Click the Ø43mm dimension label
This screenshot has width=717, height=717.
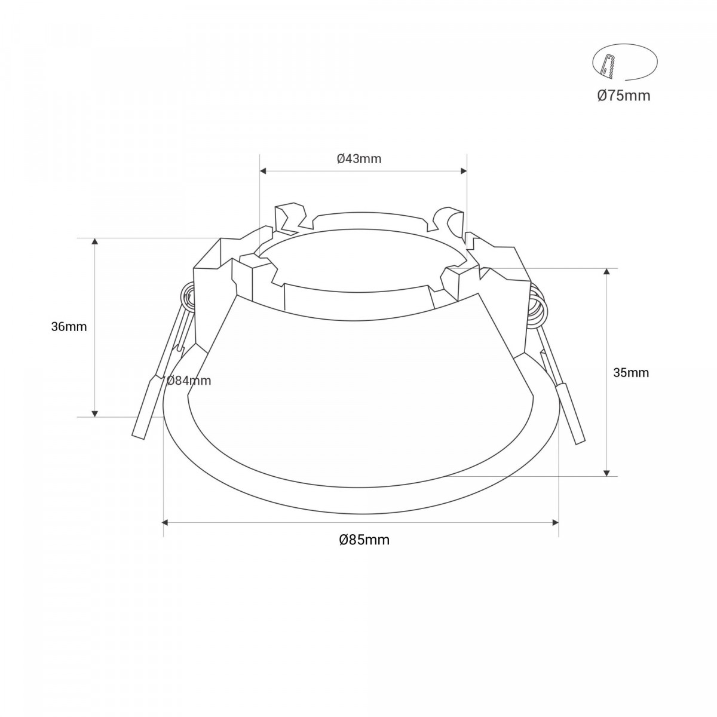pos(359,159)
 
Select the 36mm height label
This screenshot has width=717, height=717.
pos(69,327)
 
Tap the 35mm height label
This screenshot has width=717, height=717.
pos(631,373)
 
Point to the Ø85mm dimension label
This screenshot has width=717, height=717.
pos(364,540)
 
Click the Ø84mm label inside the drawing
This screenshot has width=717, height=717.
pos(189,381)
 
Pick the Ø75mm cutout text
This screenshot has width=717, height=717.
pos(624,95)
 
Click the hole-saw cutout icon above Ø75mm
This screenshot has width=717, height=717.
pos(624,63)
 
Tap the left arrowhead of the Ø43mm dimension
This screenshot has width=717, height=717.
pos(263,171)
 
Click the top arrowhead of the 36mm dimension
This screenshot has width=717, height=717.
pos(94,241)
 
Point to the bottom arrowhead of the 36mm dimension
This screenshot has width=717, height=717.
pos(94,413)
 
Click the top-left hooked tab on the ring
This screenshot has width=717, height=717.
pos(290,219)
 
